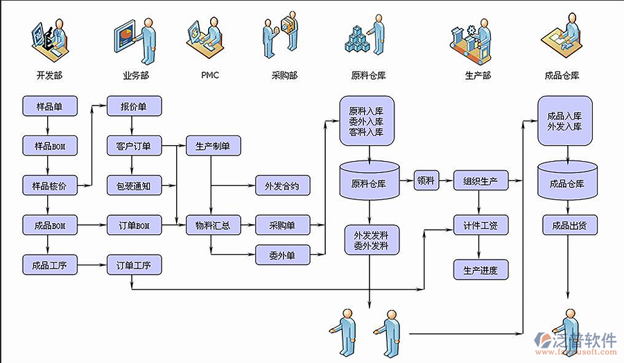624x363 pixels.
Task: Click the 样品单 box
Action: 48,106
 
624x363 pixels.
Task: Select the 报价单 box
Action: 134,106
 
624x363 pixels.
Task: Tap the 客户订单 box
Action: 134,146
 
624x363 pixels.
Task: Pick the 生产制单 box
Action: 213,146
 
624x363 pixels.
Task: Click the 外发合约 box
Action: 282,186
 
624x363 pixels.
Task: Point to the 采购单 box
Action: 281,225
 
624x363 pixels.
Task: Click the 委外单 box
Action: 281,255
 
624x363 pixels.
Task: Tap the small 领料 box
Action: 425,180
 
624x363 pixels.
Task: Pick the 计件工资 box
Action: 480,225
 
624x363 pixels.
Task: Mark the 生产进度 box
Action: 480,269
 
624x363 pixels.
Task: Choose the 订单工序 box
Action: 134,264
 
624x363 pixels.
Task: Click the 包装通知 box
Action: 134,185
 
